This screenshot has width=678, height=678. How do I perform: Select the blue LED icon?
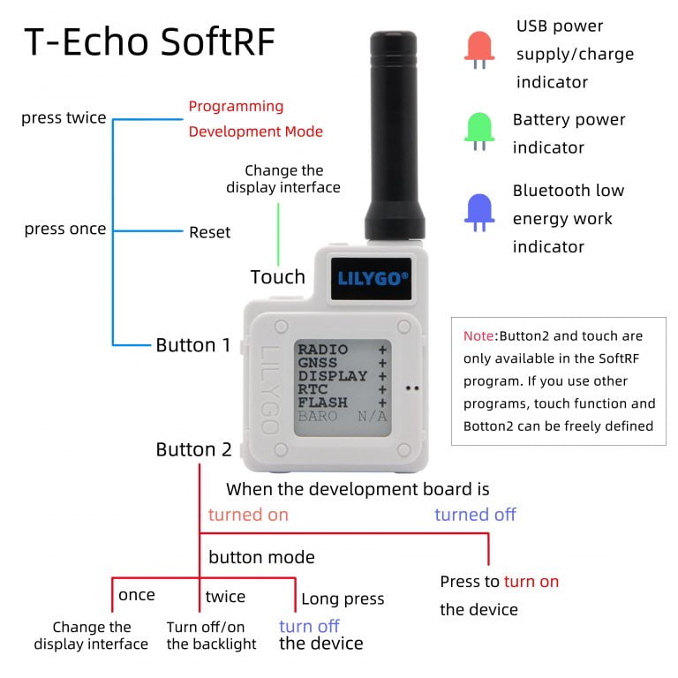[x=479, y=213]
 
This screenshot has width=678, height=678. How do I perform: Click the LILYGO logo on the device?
[x=373, y=278]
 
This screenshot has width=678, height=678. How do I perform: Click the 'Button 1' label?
[x=193, y=344]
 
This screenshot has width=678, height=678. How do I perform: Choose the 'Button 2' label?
[x=193, y=449]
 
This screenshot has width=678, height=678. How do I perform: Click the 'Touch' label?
[x=277, y=276]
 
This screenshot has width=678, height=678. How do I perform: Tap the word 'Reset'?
[x=209, y=232]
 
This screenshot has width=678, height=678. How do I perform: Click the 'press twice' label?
[x=64, y=117]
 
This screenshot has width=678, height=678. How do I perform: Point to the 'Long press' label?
[x=343, y=599]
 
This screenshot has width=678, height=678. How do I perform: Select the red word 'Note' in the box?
[x=479, y=335]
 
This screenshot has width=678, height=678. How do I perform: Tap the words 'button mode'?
[x=261, y=557]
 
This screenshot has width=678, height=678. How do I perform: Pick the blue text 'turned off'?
[x=475, y=514]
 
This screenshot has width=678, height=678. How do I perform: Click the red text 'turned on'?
[x=248, y=514]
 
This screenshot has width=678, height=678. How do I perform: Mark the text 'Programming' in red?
[x=236, y=106]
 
